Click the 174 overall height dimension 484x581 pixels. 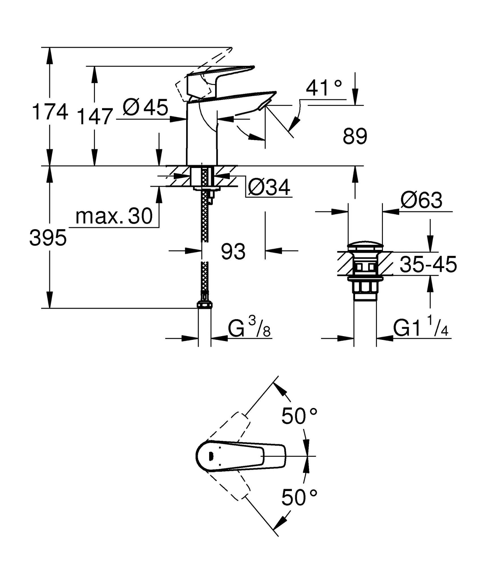tap(50, 112)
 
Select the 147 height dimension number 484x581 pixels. tap(95, 117)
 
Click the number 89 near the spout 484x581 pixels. tap(355, 136)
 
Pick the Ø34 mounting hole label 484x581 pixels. tap(269, 188)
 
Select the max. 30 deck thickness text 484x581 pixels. tap(114, 216)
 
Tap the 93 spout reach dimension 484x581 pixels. tap(233, 252)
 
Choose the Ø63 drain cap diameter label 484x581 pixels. tap(421, 201)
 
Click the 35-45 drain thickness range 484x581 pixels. tap(428, 264)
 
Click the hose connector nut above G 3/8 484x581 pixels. tap(204, 305)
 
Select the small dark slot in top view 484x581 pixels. tap(210, 456)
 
